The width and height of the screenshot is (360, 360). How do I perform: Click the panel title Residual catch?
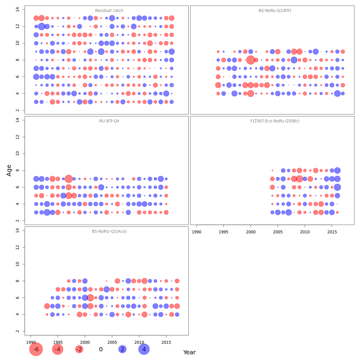coord(109,11)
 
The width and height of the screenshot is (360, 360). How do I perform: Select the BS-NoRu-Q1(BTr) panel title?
coord(275,11)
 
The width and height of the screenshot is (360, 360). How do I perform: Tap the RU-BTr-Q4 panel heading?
coord(107,121)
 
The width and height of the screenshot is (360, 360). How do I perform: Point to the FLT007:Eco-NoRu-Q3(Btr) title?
coord(275,121)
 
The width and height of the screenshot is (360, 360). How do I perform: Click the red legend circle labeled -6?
coord(36,349)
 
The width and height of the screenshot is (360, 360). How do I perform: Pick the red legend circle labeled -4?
coord(58,349)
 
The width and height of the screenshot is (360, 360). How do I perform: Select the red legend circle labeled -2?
coord(79,349)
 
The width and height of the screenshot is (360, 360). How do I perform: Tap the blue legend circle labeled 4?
coord(144,349)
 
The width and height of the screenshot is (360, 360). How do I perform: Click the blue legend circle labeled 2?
coord(122,349)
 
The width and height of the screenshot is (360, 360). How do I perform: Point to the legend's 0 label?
coord(101,349)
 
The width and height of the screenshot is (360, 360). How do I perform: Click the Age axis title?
coord(9,170)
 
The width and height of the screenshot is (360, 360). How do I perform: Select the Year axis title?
coord(189,352)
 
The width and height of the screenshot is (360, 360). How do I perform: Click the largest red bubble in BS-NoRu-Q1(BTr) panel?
coord(250,60)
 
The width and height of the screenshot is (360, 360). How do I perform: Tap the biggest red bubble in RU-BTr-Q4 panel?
coord(69,179)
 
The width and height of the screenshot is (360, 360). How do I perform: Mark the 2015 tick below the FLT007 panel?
coord(332,232)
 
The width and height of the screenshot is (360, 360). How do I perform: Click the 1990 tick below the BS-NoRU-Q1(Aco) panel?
coord(31,342)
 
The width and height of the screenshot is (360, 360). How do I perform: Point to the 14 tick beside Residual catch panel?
coord(17,10)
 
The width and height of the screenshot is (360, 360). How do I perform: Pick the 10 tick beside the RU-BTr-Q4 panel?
coord(17,154)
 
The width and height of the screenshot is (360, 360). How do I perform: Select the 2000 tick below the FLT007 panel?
coord(250,232)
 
